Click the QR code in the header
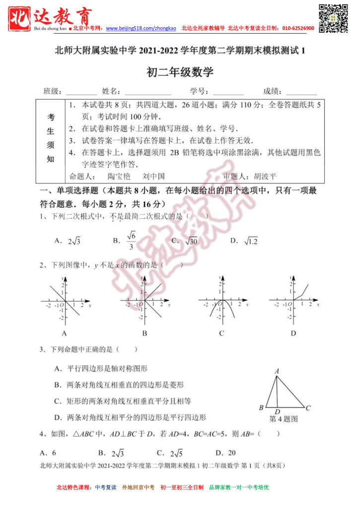coord(332,18)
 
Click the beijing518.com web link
coord(141,29)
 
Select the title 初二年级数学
coord(180,72)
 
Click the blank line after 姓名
coord(148,92)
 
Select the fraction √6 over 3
coord(131,241)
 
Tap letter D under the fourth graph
coord(293,333)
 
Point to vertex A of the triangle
coord(277,371)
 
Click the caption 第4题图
coord(284,419)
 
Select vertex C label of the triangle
coord(308,408)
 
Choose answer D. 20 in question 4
coord(226,452)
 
